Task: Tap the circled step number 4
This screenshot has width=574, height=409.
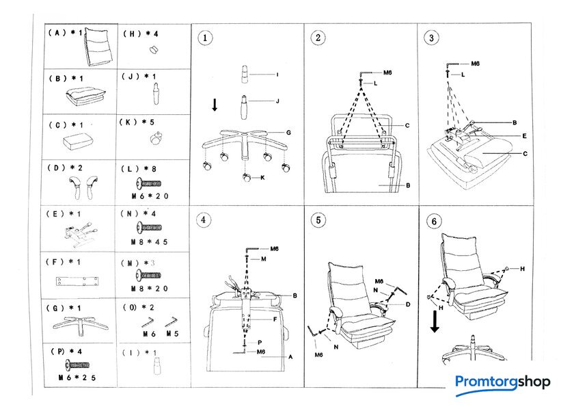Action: tap(202, 220)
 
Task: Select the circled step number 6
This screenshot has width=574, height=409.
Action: tap(432, 221)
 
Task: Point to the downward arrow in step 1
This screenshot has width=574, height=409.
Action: tap(215, 105)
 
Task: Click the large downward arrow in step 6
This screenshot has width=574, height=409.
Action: tap(435, 319)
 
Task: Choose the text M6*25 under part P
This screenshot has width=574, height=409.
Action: tap(77, 378)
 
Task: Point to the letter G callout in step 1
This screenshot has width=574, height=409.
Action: tap(289, 132)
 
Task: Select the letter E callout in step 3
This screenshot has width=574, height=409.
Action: tap(523, 136)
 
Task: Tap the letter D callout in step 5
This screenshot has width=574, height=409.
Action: tap(407, 304)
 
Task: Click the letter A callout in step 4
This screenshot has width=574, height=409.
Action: tap(290, 356)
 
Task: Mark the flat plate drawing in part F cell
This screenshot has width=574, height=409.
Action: tap(75, 280)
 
